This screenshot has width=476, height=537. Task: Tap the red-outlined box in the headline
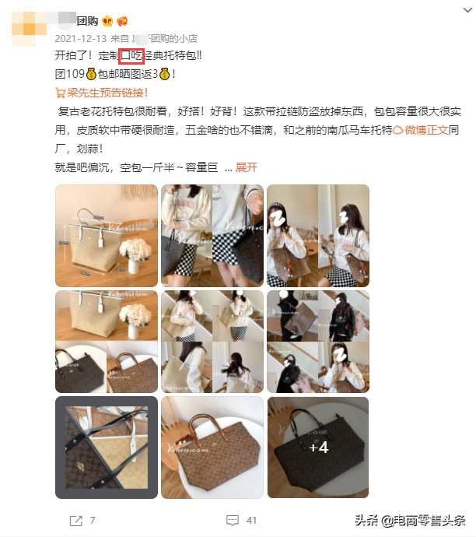coord(131,57)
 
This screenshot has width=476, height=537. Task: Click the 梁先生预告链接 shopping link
coord(114,93)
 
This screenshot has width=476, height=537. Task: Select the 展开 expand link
coord(246,167)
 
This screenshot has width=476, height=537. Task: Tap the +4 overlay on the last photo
coord(317,447)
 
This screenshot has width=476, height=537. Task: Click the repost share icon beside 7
coord(75,520)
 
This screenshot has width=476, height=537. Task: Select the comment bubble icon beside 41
coord(232,520)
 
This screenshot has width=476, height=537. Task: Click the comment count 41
coord(251,520)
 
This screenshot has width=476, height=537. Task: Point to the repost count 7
coord(93,520)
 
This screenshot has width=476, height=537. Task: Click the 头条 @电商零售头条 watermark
coord(410,521)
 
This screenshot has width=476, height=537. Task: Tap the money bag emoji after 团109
coord(90,75)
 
